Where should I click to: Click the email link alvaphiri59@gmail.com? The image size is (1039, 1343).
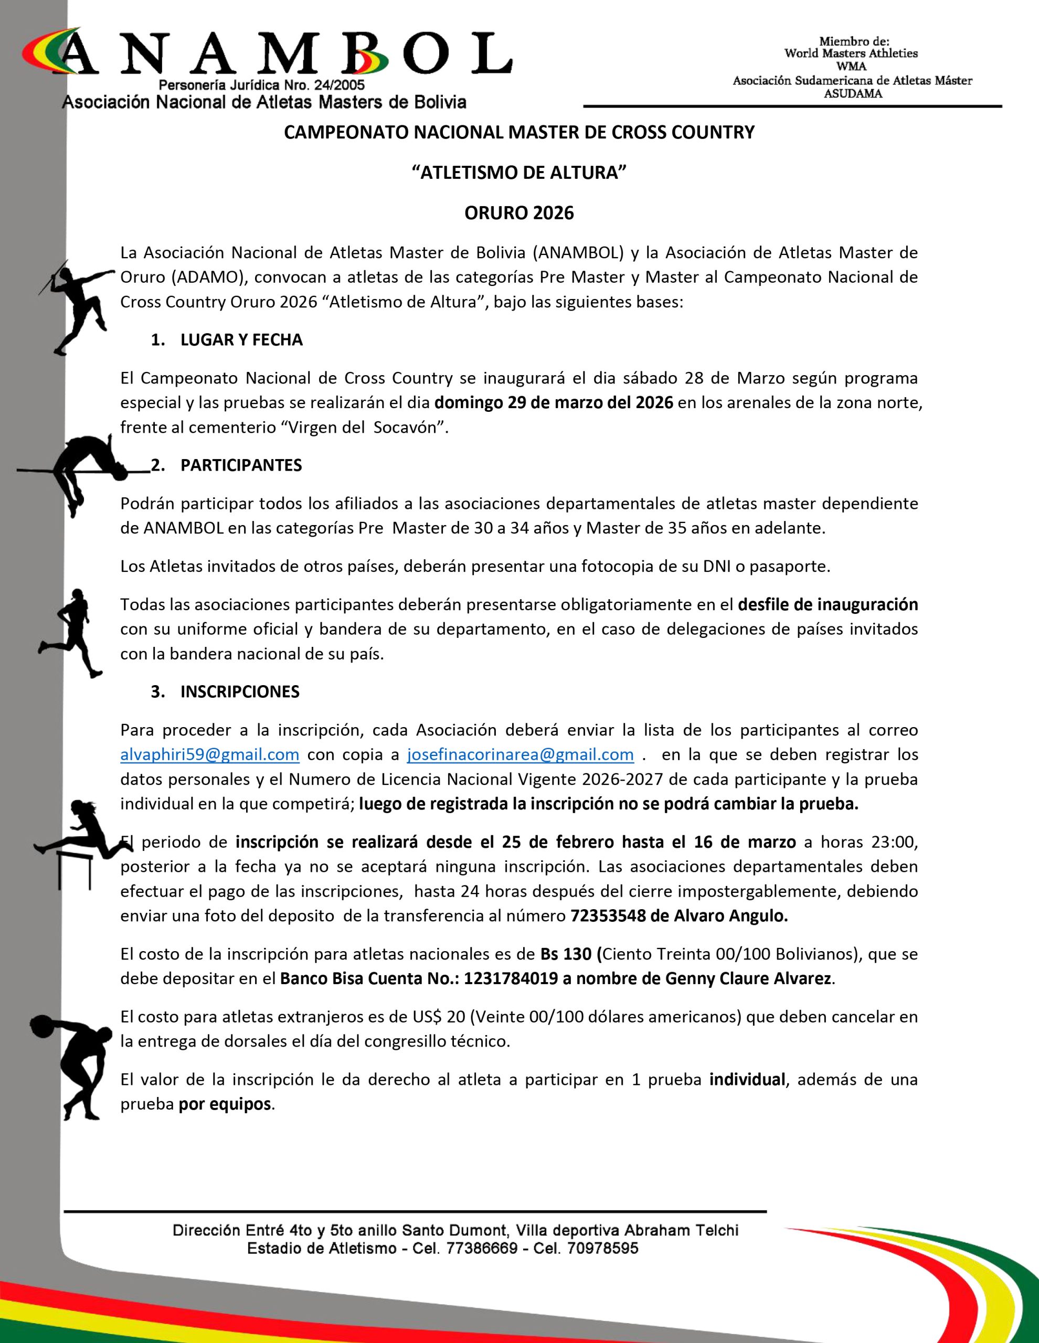[210, 754]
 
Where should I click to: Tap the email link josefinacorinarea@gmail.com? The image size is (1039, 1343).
[521, 754]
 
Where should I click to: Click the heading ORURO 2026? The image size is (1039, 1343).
[518, 213]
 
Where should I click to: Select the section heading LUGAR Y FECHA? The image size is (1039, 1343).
[241, 340]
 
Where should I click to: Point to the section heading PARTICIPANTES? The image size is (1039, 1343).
[241, 465]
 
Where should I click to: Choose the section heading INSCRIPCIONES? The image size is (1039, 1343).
[240, 692]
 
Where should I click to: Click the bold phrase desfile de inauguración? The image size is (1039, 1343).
[828, 604]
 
